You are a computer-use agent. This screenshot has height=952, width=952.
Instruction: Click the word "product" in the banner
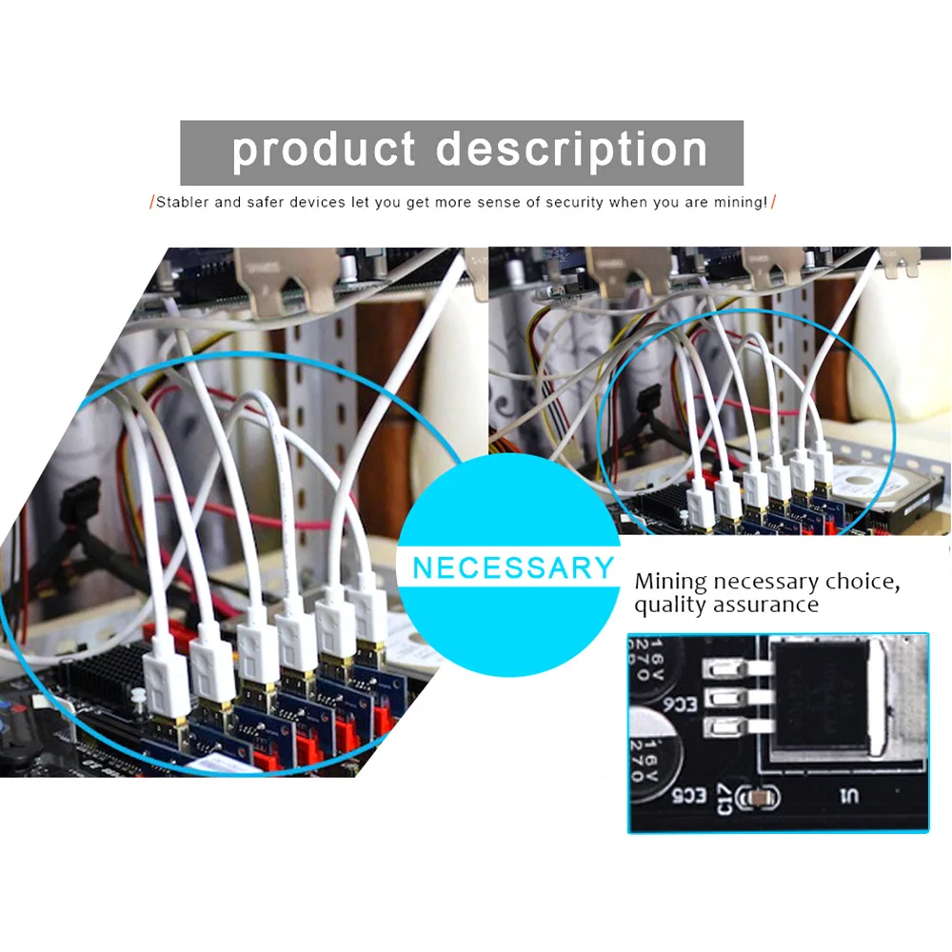(x=324, y=150)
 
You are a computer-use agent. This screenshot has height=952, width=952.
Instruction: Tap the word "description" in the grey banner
(x=572, y=150)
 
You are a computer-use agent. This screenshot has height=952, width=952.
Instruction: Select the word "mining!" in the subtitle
(x=740, y=203)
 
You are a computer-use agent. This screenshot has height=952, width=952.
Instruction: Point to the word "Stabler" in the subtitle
(x=185, y=203)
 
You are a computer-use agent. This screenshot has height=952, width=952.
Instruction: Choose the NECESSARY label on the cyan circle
(x=514, y=568)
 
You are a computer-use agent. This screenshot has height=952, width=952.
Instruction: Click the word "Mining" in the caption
(x=671, y=581)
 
